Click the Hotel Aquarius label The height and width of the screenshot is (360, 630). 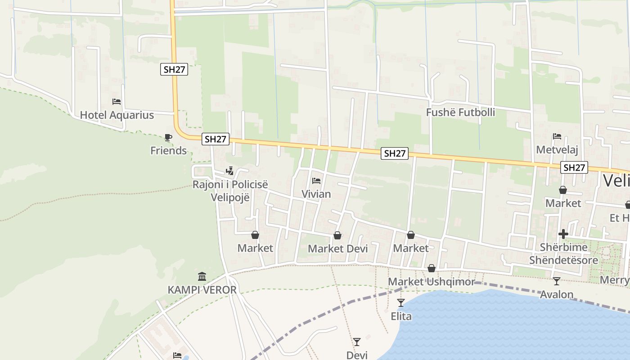tap(117, 115)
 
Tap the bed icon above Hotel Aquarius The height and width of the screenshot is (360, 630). tap(117, 102)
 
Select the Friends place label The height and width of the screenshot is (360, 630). tap(168, 151)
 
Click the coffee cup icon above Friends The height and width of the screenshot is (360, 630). tap(168, 137)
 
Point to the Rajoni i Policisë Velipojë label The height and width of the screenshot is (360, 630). tap(230, 191)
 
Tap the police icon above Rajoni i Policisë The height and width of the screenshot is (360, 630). tap(230, 171)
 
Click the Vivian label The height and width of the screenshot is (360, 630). tap(316, 194)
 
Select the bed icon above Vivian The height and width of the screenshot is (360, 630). tap(316, 181)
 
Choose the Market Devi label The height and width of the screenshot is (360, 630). tap(337, 249)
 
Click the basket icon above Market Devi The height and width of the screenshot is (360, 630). tap(337, 235)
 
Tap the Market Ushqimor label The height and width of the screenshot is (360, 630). tap(432, 282)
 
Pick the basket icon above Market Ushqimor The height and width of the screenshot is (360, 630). tap(432, 269)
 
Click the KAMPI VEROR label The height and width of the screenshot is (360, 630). tap(202, 290)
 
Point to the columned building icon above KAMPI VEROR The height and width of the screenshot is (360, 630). tap(202, 276)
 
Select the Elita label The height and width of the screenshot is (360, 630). tap(401, 316)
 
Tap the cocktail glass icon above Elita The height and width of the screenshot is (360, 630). tap(401, 303)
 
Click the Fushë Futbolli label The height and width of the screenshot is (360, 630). tap(460, 112)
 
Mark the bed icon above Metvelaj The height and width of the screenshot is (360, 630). tap(557, 136)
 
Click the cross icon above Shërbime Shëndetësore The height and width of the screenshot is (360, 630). tap(563, 234)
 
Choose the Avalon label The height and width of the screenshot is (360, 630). tap(557, 295)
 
